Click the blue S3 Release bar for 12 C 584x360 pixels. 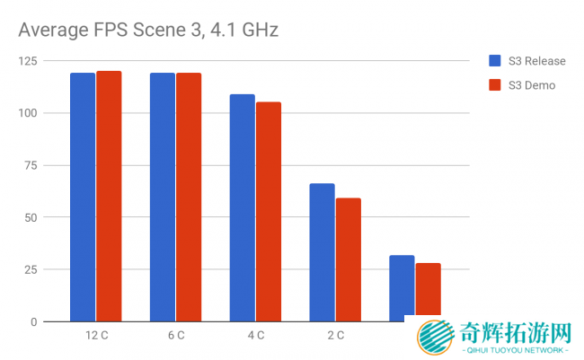83,197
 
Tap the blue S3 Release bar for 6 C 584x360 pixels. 163,197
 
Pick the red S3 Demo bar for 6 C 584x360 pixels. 189,197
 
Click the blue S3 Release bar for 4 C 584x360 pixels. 243,207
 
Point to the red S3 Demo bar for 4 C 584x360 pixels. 269,211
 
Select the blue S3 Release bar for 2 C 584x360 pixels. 323,252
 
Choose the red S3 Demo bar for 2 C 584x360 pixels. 349,259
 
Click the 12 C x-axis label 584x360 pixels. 96,336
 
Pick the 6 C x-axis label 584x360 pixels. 176,336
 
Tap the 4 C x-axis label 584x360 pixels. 256,336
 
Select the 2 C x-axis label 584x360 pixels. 335,336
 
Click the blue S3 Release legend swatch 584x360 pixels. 494,61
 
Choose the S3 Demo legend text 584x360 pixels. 532,85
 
